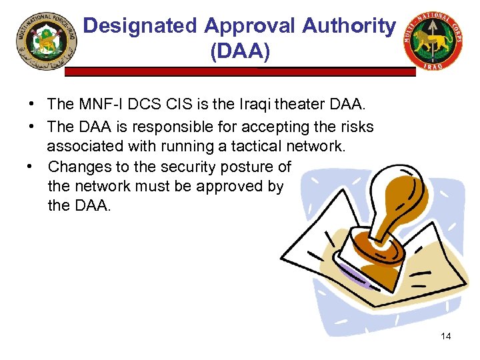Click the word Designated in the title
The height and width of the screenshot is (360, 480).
pos(141,26)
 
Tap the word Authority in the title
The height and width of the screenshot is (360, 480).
pos(349,26)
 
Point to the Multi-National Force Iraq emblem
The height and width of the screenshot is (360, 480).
pos(46,45)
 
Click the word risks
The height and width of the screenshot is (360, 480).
pos(355,127)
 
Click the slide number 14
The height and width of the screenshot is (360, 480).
pos(445,336)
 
